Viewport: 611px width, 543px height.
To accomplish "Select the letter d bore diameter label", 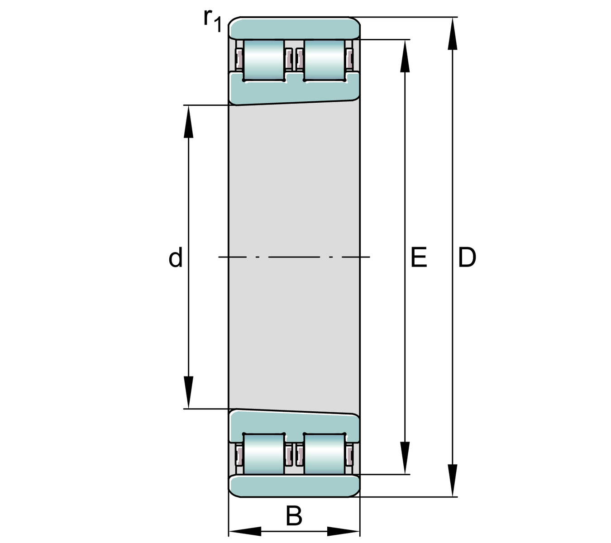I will pyautogui.click(x=176, y=258).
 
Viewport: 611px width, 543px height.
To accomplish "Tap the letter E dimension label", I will pyautogui.click(x=419, y=257).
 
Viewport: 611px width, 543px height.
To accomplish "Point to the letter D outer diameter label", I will pyautogui.click(x=467, y=257).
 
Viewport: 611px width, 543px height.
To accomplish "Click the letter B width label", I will pyautogui.click(x=294, y=516).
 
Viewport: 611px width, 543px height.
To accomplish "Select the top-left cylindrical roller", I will pyautogui.click(x=264, y=60).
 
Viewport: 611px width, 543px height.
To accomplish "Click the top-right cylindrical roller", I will pyautogui.click(x=324, y=60).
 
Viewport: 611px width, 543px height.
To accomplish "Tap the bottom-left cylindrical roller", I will pyautogui.click(x=264, y=454).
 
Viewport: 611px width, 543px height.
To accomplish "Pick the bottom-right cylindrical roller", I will pyautogui.click(x=324, y=454).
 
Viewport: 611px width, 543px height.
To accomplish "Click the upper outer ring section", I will pyautogui.click(x=294, y=29).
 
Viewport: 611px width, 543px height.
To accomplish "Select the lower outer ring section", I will pyautogui.click(x=294, y=486).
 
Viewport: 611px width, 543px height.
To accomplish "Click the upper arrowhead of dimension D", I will pyautogui.click(x=452, y=34).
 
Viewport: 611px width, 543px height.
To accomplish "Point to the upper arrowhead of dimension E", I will pyautogui.click(x=405, y=57).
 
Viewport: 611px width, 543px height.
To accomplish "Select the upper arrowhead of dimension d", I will pyautogui.click(x=188, y=122).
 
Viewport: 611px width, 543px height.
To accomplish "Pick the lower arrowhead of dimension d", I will pyautogui.click(x=188, y=392).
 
